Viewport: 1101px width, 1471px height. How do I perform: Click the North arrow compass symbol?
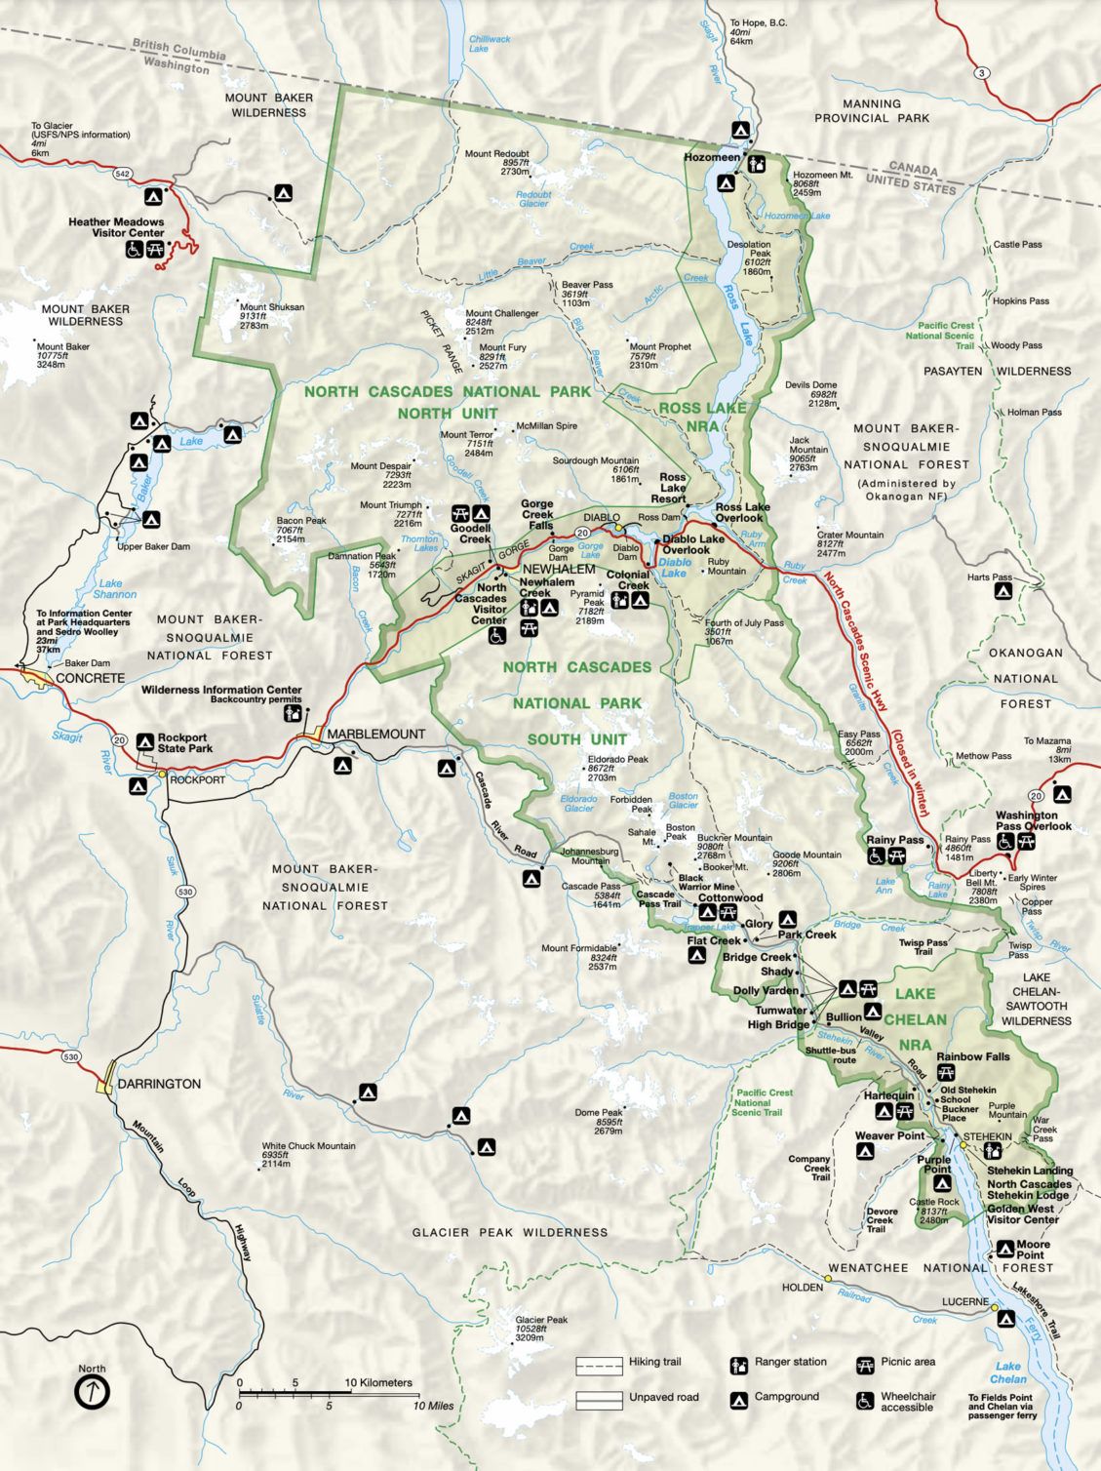pos(93,1392)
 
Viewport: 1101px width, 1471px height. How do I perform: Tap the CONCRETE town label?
pos(90,678)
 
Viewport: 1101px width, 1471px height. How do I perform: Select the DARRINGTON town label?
pos(159,1084)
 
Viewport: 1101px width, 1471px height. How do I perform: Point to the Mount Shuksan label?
pos(271,307)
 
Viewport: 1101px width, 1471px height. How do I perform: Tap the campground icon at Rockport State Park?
pos(145,742)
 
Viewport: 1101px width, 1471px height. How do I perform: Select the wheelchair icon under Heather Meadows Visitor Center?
pos(134,251)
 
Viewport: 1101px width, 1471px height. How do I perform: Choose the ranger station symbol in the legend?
pos(739,1364)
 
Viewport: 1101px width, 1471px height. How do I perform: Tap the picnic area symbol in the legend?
pos(864,1364)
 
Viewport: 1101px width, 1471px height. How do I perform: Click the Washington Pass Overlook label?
pos(1033,820)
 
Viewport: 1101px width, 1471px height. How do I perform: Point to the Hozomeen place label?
pos(711,157)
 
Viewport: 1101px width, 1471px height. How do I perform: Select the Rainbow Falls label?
pos(972,1056)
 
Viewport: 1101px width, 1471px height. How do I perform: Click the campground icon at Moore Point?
pos(1005,1250)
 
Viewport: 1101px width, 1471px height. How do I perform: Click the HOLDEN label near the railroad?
pos(802,1287)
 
